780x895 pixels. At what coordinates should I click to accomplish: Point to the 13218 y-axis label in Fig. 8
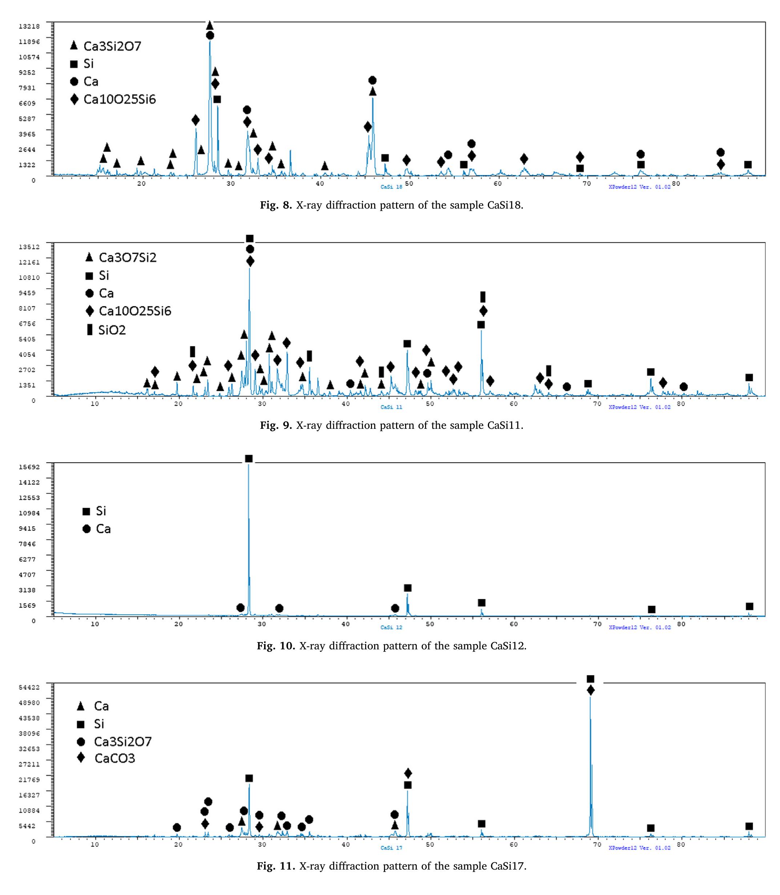coord(29,26)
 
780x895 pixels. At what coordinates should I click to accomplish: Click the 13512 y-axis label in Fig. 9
coord(29,246)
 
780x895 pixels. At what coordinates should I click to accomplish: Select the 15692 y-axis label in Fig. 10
coord(29,467)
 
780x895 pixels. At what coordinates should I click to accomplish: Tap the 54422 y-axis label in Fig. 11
coord(29,687)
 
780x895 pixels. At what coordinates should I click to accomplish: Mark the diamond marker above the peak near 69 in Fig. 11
coord(591,690)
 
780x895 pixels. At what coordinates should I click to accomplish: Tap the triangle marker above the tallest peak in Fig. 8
coord(209,25)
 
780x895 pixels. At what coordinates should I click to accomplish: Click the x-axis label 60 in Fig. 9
coord(514,404)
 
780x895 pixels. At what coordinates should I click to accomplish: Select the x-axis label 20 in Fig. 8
coord(141,183)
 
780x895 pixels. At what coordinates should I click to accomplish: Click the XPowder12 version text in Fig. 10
coord(639,627)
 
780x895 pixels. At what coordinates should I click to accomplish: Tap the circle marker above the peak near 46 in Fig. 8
coord(372,80)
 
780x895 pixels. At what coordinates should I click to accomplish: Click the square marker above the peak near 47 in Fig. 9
coord(407,344)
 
